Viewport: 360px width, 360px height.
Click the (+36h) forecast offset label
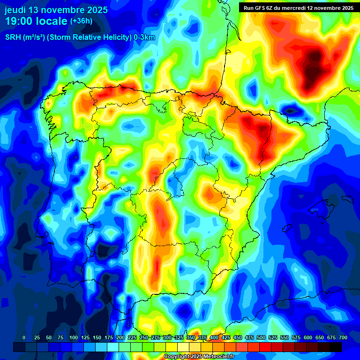click(81, 21)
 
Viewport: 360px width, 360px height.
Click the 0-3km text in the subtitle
click(144, 38)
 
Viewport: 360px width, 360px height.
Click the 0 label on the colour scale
click(24, 337)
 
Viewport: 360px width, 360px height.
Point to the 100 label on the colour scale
click(73, 337)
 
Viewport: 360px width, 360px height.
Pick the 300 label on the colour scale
click(167, 337)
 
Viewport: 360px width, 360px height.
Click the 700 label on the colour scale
click(343, 337)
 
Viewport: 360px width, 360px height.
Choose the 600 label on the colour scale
click(308, 337)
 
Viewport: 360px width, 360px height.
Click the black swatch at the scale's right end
click(336, 347)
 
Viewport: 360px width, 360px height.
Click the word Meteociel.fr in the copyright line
click(217, 357)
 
